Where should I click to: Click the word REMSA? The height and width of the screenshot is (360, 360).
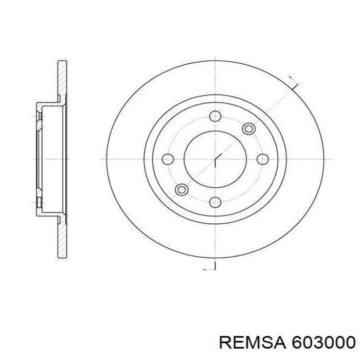pyautogui.click(x=250, y=342)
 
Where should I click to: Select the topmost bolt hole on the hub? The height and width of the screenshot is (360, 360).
pyautogui.click(x=215, y=116)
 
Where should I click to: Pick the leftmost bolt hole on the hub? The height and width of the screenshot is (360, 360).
pyautogui.click(x=168, y=159)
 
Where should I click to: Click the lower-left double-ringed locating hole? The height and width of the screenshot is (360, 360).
pyautogui.click(x=181, y=190)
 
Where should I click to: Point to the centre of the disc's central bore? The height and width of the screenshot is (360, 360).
pyautogui.click(x=215, y=159)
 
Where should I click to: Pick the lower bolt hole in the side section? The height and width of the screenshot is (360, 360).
pyautogui.click(x=39, y=195)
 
